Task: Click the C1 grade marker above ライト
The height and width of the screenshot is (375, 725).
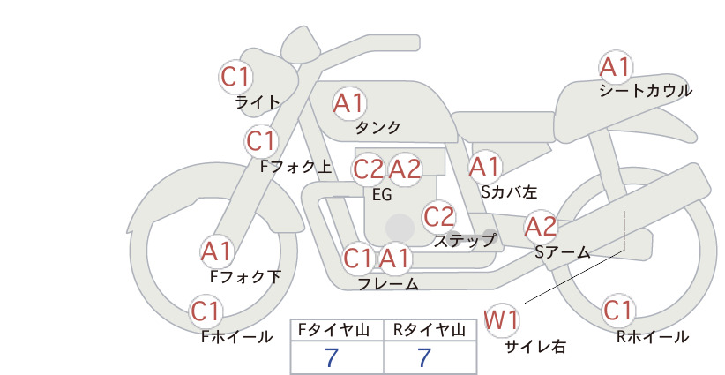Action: click(235, 77)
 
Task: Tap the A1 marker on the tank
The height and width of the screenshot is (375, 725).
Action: click(348, 103)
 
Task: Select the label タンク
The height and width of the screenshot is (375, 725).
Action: click(377, 127)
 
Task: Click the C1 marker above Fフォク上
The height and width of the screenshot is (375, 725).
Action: click(261, 141)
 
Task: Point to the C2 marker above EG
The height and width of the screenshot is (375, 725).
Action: click(368, 169)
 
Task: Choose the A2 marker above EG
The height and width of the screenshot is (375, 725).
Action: click(405, 169)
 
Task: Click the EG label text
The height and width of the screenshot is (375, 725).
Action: click(382, 195)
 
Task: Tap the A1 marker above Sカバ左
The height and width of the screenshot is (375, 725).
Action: click(484, 167)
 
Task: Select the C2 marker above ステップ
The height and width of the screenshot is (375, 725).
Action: click(438, 216)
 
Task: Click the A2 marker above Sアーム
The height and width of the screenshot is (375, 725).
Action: click(541, 227)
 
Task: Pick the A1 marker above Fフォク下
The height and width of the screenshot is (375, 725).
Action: click(216, 252)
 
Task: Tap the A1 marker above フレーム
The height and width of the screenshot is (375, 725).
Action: click(394, 258)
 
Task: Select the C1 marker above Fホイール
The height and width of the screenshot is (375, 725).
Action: click(206, 311)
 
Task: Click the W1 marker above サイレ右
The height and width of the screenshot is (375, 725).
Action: click(502, 320)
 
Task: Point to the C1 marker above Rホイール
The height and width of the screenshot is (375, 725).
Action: click(618, 311)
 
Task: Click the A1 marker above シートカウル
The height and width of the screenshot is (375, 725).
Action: click(616, 68)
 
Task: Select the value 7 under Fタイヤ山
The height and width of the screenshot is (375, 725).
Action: click(332, 357)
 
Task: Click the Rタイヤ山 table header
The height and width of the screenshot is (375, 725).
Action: click(430, 330)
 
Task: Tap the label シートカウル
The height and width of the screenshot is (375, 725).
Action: click(646, 91)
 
